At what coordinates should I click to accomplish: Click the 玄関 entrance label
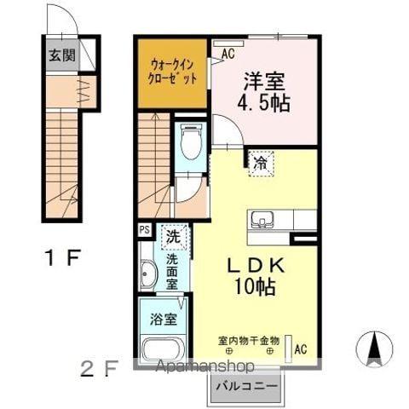click(60, 58)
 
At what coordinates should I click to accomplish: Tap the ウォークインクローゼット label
click(173, 71)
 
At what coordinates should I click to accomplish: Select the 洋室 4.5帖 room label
click(263, 93)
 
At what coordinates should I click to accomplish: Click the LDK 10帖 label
click(253, 275)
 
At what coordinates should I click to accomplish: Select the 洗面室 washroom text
click(172, 271)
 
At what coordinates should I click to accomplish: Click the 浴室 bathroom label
click(164, 320)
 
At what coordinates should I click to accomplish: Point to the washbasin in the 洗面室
click(148, 275)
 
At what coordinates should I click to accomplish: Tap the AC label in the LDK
click(299, 348)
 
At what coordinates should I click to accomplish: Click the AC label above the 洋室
click(228, 54)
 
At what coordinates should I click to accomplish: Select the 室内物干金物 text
click(249, 339)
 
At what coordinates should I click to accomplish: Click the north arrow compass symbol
click(373, 348)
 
